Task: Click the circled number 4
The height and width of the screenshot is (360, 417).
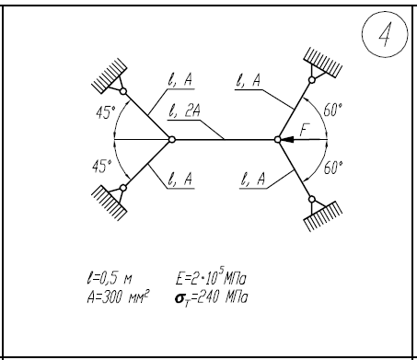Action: point(385,34)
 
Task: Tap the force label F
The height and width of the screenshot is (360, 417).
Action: point(305,130)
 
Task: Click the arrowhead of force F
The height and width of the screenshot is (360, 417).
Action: point(287,140)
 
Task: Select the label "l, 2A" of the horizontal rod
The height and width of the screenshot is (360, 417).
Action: point(184,110)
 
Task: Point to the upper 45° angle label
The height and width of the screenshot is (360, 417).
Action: point(106,112)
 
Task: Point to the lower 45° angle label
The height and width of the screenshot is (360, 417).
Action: point(102,167)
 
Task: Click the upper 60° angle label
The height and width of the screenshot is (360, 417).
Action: point(333,110)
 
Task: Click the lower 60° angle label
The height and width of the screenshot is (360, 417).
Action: point(333,168)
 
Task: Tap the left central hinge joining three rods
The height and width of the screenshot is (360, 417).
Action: point(172,140)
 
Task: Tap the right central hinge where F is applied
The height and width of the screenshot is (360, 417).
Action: point(277,140)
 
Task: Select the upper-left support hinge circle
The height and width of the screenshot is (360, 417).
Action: point(123,91)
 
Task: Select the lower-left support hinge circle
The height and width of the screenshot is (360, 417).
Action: point(123,188)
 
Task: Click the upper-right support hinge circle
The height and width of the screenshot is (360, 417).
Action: point(312,80)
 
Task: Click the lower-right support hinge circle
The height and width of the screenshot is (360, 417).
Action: point(312,200)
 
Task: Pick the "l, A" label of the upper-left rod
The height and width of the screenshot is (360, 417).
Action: point(180,80)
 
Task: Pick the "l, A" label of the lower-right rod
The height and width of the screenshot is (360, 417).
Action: point(252,179)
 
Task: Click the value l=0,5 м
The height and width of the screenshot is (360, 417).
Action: point(110,278)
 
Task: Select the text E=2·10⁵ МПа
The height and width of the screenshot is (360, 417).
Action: point(212,277)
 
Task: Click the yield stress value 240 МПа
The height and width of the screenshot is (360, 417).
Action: point(222,297)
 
